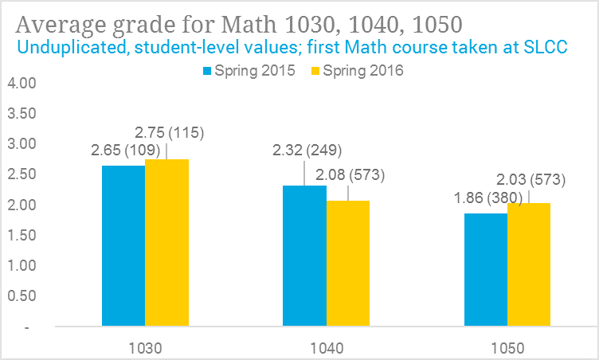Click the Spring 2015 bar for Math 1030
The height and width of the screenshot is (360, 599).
click(123, 246)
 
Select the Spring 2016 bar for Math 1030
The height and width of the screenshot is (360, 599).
click(166, 243)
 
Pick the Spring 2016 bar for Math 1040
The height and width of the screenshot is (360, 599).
click(348, 264)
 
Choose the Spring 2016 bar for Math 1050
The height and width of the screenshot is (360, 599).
click(529, 265)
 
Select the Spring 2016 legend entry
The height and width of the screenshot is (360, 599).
click(358, 71)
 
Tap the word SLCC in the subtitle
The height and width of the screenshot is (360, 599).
click(544, 47)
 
